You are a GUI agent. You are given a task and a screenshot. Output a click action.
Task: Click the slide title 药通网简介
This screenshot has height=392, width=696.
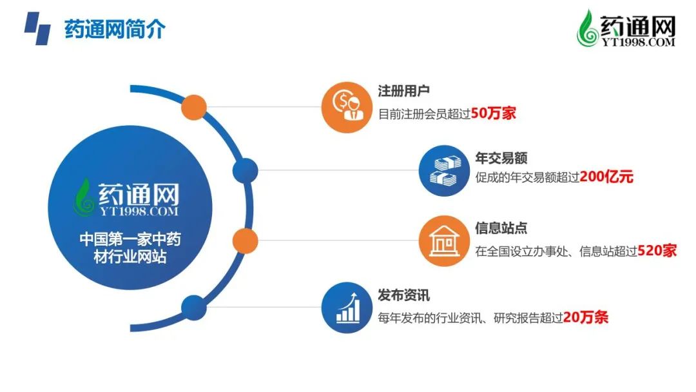(x=115, y=29)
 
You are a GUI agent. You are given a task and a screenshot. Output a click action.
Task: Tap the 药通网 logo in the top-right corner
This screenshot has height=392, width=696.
(x=626, y=28)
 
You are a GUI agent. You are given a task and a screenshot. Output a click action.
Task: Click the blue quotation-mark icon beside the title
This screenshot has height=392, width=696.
(x=37, y=28)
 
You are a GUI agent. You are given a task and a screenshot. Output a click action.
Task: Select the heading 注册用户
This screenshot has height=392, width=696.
(x=403, y=91)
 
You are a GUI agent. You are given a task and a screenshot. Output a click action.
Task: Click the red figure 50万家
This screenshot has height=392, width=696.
(x=493, y=113)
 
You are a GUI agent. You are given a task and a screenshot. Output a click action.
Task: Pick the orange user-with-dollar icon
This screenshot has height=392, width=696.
(x=347, y=107)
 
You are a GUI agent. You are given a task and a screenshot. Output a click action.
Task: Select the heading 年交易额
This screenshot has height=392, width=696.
(x=501, y=157)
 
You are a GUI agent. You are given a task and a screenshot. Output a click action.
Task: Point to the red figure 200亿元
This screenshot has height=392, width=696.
(x=606, y=177)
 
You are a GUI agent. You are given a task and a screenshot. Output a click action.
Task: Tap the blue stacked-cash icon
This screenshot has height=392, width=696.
(x=444, y=170)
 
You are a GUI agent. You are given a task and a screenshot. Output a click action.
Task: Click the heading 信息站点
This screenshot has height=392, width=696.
(x=501, y=228)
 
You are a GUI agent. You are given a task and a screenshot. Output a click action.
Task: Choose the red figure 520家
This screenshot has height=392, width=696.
(x=657, y=251)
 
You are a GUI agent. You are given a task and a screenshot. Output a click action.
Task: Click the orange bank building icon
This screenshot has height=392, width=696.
(x=444, y=240)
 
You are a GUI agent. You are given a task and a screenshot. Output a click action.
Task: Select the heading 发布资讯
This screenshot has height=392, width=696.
(x=403, y=295)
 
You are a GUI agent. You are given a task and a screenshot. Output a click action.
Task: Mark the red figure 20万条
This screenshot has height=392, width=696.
(x=585, y=317)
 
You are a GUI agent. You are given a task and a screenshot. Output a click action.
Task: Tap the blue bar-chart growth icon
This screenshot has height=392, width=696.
(x=347, y=307)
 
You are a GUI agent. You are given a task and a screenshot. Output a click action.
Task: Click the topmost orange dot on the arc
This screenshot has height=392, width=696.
(x=194, y=107)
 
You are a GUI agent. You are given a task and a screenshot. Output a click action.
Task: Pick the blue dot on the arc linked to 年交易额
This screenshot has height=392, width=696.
(x=245, y=170)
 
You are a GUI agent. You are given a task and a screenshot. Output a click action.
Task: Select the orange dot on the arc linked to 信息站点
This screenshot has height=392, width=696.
(x=245, y=240)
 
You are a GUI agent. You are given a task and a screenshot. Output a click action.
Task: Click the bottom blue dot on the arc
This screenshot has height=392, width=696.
(x=194, y=307)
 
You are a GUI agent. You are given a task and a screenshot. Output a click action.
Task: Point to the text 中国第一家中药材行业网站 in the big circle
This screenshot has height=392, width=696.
(x=130, y=248)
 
